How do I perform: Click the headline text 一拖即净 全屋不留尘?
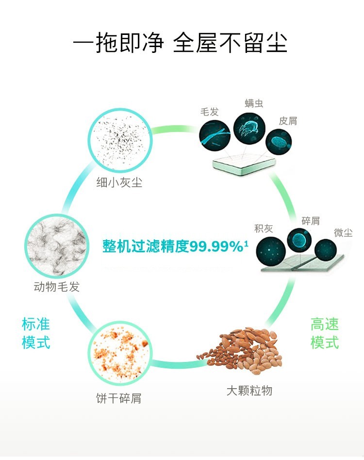pyautogui.click(x=180, y=43)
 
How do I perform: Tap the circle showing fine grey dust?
pyautogui.click(x=120, y=140)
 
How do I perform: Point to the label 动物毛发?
pyautogui.click(x=57, y=287)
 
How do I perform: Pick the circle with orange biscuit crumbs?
pyautogui.click(x=120, y=353)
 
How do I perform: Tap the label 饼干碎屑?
pyautogui.click(x=119, y=398)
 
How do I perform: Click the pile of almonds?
pyautogui.click(x=241, y=350)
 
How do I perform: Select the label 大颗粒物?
pyautogui.click(x=249, y=391)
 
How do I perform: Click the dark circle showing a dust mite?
pyautogui.click(x=249, y=128)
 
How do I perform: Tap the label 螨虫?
pyautogui.click(x=254, y=103)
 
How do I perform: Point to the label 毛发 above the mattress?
pyautogui.click(x=210, y=112)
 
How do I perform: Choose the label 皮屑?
pyautogui.click(x=288, y=120)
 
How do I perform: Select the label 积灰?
pyautogui.click(x=264, y=228)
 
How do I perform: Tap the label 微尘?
pyautogui.click(x=343, y=232)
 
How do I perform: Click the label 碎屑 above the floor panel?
pyautogui.click(x=311, y=221)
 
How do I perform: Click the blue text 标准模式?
pyautogui.click(x=36, y=333)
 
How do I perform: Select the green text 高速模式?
pyautogui.click(x=325, y=333)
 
